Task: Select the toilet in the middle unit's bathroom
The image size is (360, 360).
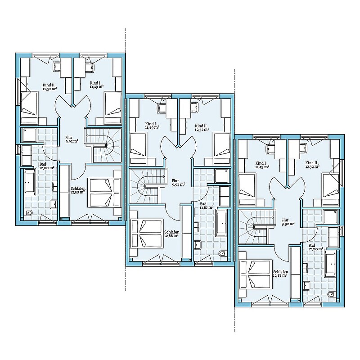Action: [x=222, y=254]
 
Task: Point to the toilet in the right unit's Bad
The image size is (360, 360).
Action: [x=331, y=294]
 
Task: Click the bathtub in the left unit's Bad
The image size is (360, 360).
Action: [x=30, y=182]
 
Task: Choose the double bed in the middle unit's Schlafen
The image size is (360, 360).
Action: [x=147, y=234]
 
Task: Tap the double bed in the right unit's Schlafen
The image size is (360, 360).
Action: [x=256, y=274]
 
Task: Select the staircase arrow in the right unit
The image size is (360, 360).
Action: [x=263, y=217]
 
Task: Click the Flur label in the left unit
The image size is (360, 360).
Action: [x=69, y=138]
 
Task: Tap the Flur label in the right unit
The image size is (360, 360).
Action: [x=285, y=220]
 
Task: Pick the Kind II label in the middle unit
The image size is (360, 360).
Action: [x=199, y=126]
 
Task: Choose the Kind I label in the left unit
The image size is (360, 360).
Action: [x=95, y=83]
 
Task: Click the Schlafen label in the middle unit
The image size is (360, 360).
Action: [x=172, y=232]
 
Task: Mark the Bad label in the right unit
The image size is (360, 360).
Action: [x=312, y=245]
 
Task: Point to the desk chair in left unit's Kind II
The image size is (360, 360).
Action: [x=57, y=66]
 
